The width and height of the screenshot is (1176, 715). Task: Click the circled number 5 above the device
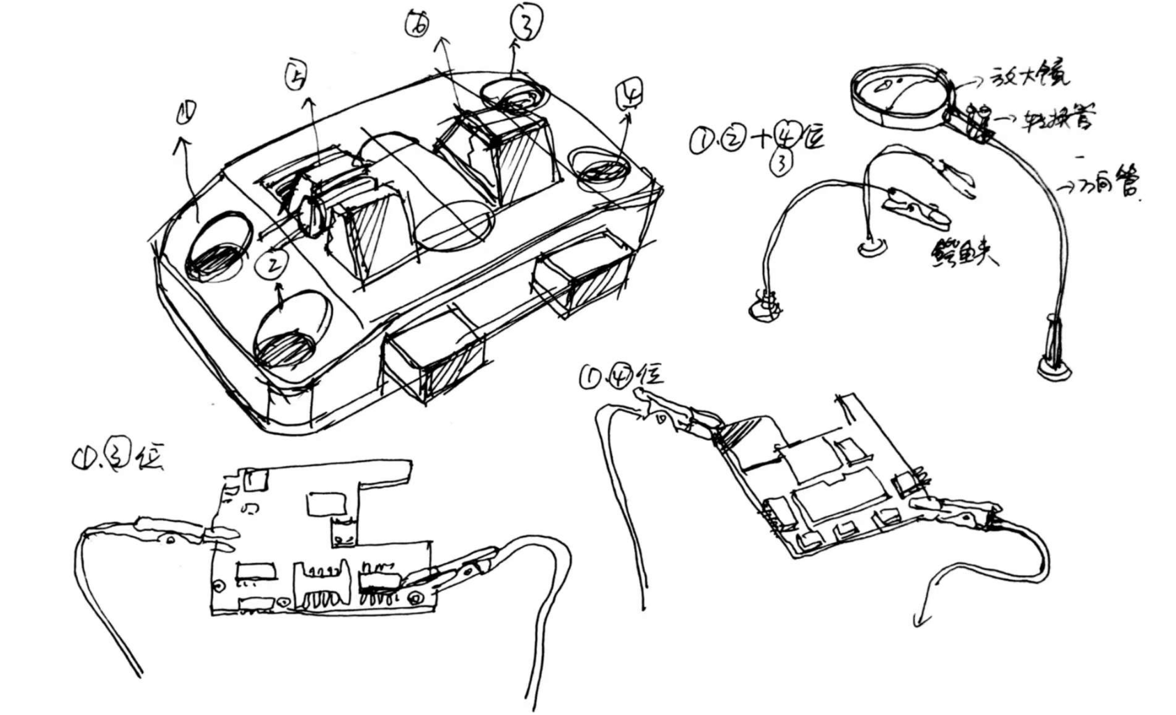click(x=295, y=76)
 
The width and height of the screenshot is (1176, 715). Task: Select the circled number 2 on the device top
click(x=271, y=263)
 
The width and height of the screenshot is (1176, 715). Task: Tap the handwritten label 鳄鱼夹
click(x=964, y=252)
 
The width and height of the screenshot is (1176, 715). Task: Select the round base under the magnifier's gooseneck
click(x=1054, y=367)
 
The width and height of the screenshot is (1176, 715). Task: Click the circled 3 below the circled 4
click(x=782, y=163)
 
